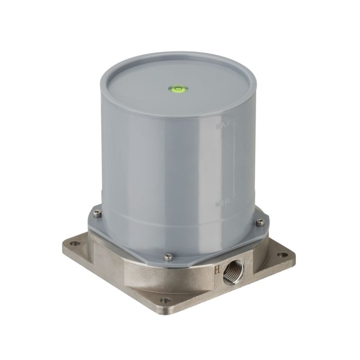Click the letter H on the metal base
tap(217, 268)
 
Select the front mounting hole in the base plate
tap(165, 300)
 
